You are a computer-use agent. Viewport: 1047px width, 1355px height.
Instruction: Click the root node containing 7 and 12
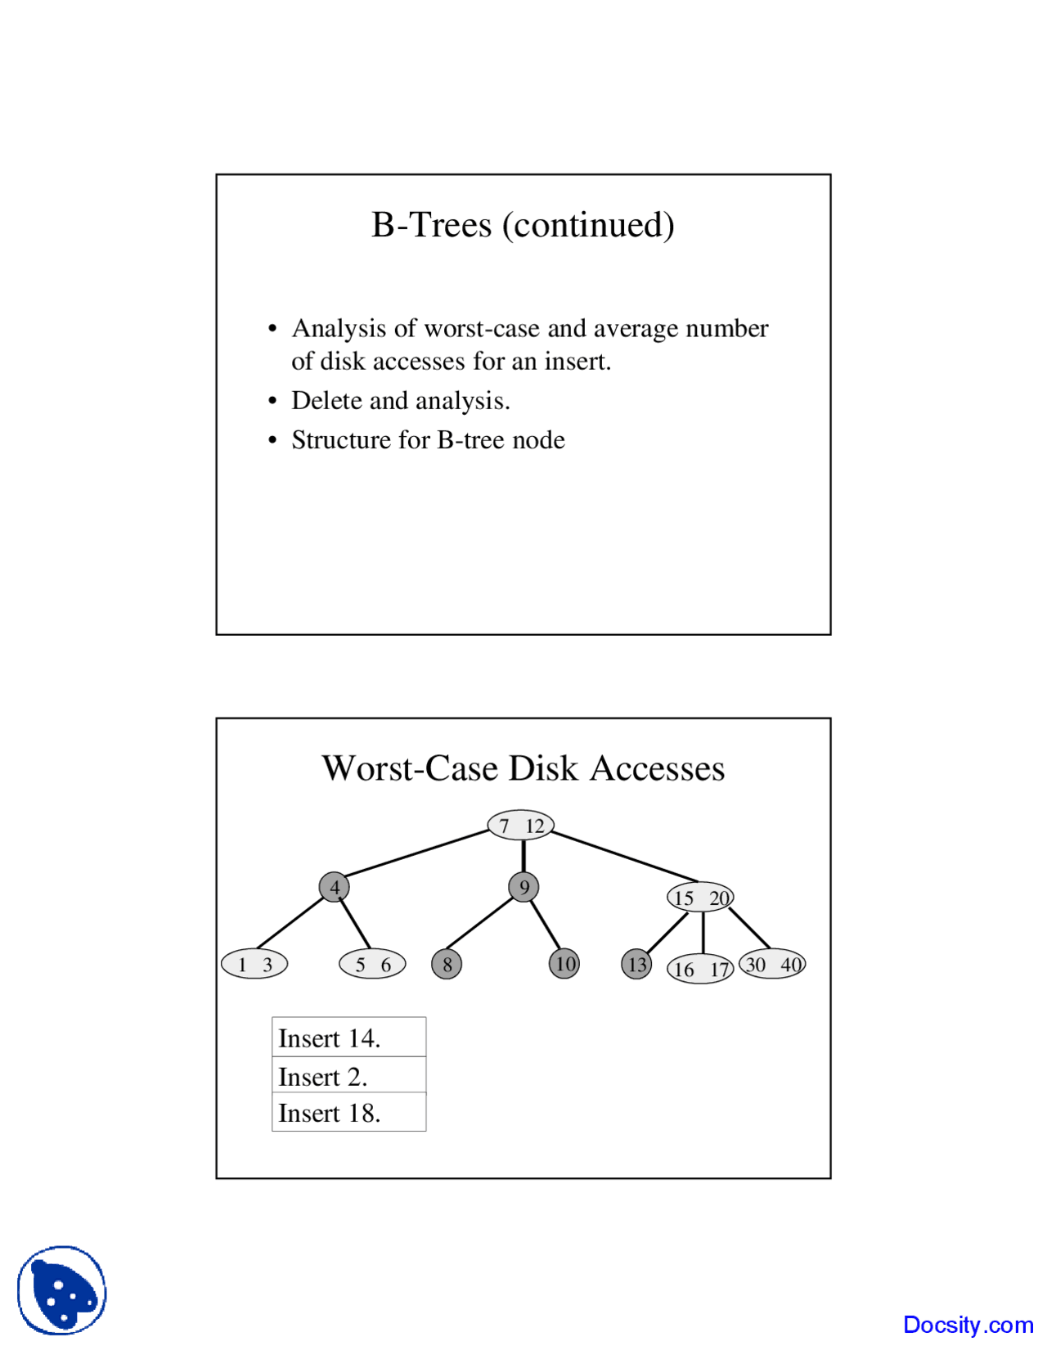[x=520, y=825]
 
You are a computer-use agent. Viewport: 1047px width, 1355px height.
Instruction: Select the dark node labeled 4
[x=335, y=887]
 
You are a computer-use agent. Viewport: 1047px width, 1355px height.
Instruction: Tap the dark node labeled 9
[x=523, y=887]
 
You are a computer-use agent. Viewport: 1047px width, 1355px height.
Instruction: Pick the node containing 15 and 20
[x=700, y=898]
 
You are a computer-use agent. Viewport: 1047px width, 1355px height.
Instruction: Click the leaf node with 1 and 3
[x=254, y=964]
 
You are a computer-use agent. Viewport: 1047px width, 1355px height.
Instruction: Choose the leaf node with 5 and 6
[x=372, y=964]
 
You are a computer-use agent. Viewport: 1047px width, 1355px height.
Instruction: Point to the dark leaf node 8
[x=447, y=964]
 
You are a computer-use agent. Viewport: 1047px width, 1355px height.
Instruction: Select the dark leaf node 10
[x=564, y=964]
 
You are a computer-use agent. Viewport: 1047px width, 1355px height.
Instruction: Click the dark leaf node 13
[x=636, y=964]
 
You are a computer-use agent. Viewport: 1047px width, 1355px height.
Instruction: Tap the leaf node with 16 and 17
[x=700, y=970]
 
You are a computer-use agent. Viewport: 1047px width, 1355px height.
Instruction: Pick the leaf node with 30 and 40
[x=772, y=964]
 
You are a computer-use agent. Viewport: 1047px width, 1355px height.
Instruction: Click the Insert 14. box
[x=349, y=1038]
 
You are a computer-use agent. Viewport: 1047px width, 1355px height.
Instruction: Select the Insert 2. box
[x=349, y=1075]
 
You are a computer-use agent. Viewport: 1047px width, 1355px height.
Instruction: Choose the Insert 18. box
[x=349, y=1113]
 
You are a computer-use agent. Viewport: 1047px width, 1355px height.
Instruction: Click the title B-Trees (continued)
[x=523, y=225]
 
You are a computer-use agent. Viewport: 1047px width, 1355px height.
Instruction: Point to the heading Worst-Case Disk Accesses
[x=523, y=768]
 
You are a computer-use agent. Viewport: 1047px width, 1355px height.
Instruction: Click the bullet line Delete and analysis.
[x=401, y=400]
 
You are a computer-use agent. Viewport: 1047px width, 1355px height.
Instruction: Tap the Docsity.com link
[x=968, y=1325]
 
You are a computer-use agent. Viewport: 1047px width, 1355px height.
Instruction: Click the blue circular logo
[x=62, y=1290]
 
